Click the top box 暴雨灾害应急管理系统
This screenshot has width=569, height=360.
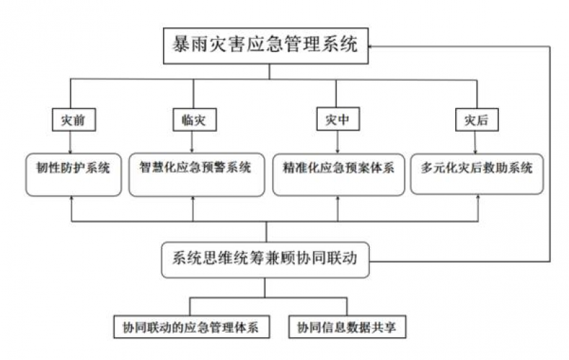pyautogui.click(x=266, y=46)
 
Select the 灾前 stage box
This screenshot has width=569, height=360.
pyautogui.click(x=74, y=120)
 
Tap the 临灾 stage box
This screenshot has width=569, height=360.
pyautogui.click(x=194, y=120)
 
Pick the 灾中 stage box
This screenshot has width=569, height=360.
pyautogui.click(x=338, y=119)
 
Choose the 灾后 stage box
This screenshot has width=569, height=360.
pyautogui.click(x=477, y=120)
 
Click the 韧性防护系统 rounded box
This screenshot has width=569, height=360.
pyautogui.click(x=74, y=175)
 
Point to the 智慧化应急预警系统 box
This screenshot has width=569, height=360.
pyautogui.click(x=196, y=175)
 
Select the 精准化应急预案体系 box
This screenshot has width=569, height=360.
pyautogui.click(x=339, y=175)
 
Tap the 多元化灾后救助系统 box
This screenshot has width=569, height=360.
pyautogui.click(x=477, y=174)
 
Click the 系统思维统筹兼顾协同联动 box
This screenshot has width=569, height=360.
pyautogui.click(x=265, y=260)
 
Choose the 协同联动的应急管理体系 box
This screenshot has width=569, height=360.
pyautogui.click(x=192, y=327)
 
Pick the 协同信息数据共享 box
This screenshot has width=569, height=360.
pyautogui.click(x=347, y=327)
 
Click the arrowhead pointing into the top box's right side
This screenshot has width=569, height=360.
pyautogui.click(x=371, y=46)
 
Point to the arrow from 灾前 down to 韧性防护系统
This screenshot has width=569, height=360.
pyautogui.click(x=70, y=142)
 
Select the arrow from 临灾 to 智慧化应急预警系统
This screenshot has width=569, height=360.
pyautogui.click(x=192, y=142)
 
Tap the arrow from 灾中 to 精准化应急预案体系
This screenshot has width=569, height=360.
pyautogui.click(x=337, y=142)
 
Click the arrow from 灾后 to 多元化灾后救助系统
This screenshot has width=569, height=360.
pyautogui.click(x=475, y=143)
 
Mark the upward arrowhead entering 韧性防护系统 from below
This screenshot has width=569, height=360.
pyautogui.click(x=71, y=199)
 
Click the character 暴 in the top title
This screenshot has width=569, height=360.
pyautogui.click(x=180, y=45)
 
